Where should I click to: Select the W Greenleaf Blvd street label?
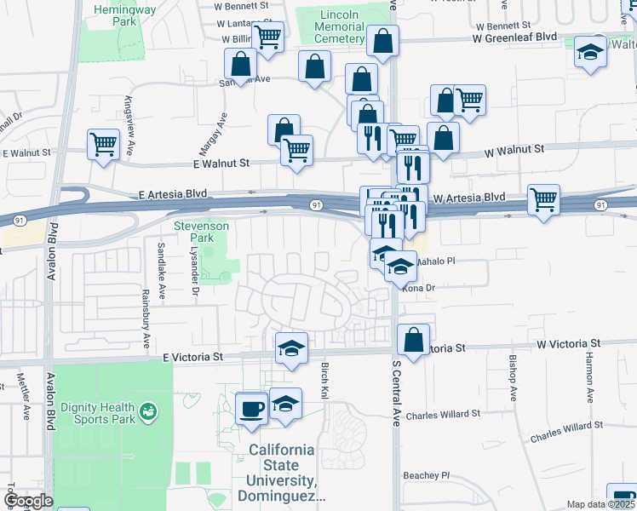coord(514,37)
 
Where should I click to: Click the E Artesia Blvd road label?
coord(173,195)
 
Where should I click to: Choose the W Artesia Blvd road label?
coord(469,198)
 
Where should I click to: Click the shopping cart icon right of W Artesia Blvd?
coord(543,200)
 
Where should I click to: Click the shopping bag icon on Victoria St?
coord(413,340)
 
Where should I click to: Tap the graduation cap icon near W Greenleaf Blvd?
coord(590,52)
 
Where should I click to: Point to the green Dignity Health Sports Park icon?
coord(150,411)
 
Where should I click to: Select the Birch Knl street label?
coord(324,381)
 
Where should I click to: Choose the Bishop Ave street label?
coord(513,379)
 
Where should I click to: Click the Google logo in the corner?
coord(27,501)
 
